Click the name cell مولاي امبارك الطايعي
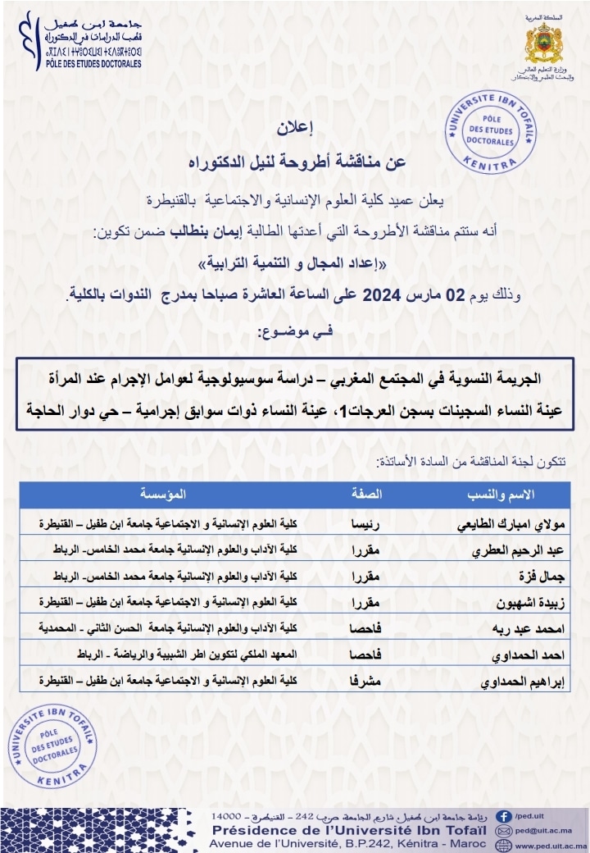point(513,523)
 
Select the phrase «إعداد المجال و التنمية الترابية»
point(294,262)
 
